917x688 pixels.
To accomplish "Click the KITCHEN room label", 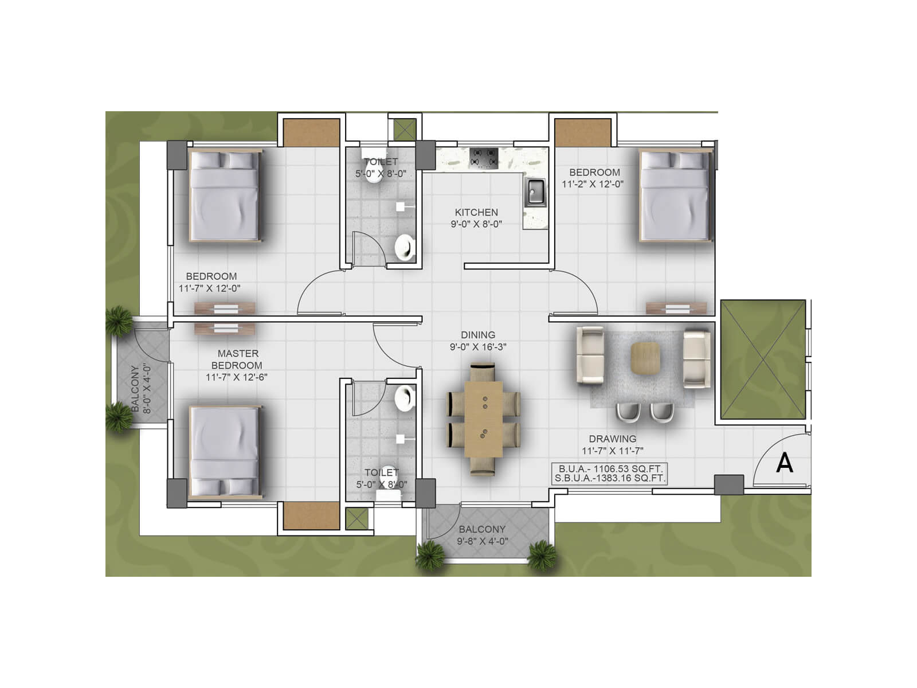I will (476, 212).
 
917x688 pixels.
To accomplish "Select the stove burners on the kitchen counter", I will (484, 157).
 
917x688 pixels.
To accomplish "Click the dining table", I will (483, 419).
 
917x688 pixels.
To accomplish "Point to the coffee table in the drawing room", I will (646, 358).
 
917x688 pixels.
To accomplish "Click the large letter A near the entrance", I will (784, 463).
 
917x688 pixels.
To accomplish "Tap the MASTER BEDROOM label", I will (237, 359).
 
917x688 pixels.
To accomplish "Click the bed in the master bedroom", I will (224, 451).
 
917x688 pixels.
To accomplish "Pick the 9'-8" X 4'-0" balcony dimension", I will (482, 541).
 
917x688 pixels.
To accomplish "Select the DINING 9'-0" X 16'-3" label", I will (478, 341).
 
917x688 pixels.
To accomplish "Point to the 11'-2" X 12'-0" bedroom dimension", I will (593, 184).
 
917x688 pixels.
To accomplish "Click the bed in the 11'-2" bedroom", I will (675, 197).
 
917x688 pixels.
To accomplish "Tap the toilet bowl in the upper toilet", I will (405, 247).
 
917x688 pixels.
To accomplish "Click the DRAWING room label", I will (612, 439).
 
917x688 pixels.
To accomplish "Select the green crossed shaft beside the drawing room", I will (763, 359).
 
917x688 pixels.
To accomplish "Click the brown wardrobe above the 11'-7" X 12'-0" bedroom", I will (312, 132).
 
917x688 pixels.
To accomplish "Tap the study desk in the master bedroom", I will (225, 329).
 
